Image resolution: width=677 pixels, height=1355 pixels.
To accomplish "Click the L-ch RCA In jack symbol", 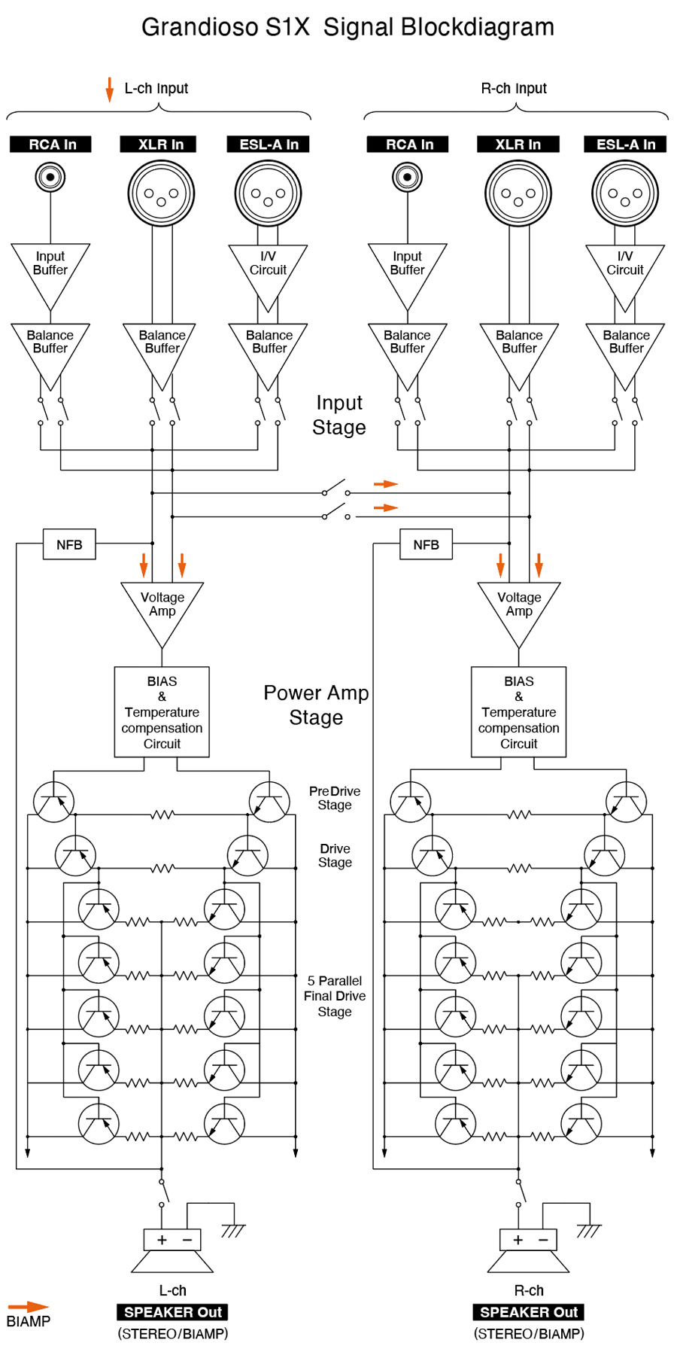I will tap(50, 178).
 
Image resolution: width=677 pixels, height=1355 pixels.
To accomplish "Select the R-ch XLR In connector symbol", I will tap(518, 193).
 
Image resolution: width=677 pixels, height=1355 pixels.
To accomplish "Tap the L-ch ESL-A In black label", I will tap(269, 145).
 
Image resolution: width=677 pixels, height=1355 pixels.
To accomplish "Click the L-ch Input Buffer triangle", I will tap(50, 268).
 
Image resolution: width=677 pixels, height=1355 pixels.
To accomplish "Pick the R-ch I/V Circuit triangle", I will tap(625, 268).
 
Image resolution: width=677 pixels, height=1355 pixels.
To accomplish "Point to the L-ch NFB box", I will tap(69, 544).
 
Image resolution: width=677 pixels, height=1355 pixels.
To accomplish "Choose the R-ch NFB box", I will tap(426, 544).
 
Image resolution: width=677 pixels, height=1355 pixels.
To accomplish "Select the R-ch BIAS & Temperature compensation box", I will tap(518, 712).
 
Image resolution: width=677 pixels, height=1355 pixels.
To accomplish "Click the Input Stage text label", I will tap(338, 415).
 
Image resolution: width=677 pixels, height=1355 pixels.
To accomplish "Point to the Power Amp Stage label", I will tap(316, 705).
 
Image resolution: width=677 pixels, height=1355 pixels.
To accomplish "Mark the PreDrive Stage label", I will tap(335, 798).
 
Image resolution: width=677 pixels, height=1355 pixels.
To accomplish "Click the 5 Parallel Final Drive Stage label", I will tap(335, 996).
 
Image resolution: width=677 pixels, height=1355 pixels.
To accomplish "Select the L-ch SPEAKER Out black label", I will tap(172, 1312).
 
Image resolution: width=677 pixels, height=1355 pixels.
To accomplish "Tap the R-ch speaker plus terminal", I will tap(518, 1240).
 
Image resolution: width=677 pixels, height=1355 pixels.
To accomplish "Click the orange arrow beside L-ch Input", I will tap(110, 89).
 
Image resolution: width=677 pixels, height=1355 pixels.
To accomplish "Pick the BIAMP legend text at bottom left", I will tap(29, 1322).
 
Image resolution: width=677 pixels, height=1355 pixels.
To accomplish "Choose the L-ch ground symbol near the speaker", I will tap(233, 1232).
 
